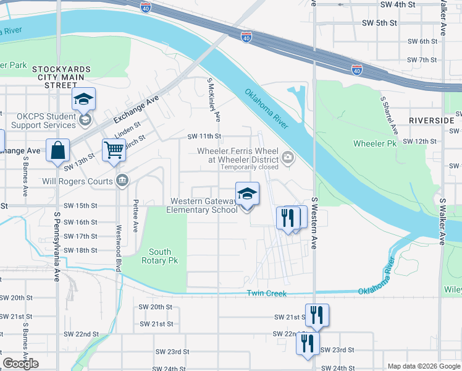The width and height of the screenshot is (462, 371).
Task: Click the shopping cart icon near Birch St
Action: tap(114, 150)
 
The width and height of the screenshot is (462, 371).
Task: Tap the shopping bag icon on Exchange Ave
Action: tap(57, 150)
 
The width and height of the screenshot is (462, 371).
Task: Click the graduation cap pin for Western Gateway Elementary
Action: tap(247, 194)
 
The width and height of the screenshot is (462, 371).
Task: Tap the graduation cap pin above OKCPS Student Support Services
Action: tap(84, 99)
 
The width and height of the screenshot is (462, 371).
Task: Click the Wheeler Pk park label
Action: tap(374, 143)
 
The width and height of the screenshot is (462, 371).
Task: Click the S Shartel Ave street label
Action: tap(388, 116)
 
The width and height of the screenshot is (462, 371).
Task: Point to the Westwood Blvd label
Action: tap(119, 247)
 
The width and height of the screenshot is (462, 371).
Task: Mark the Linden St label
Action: tap(128, 130)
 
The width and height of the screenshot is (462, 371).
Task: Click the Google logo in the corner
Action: tap(20, 364)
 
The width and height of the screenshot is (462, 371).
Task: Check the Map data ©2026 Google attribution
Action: tap(423, 366)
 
